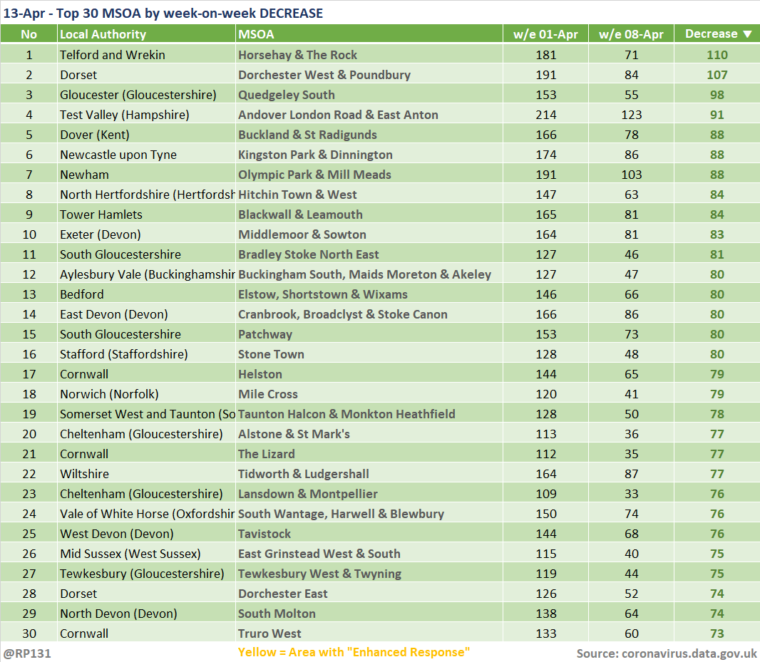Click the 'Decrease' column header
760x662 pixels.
(711, 34)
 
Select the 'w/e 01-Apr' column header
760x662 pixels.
(546, 34)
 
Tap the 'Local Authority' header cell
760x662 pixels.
(103, 34)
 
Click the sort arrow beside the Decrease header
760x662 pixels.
(747, 34)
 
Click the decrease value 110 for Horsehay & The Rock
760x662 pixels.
(717, 55)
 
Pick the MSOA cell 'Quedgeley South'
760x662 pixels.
(286, 95)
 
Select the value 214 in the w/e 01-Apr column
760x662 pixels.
(546, 115)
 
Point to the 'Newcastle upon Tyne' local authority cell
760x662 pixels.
(118, 155)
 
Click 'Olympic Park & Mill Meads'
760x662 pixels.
(314, 175)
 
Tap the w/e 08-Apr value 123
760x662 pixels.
(631, 115)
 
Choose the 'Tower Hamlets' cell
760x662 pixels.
(101, 214)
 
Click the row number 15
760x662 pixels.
(29, 334)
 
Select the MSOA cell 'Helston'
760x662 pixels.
(260, 374)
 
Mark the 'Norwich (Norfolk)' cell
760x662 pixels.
(109, 395)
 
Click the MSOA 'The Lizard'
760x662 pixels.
(266, 454)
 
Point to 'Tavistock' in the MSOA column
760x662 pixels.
(265, 534)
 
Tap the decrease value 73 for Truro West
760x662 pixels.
(717, 633)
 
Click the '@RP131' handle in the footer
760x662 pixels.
(26, 653)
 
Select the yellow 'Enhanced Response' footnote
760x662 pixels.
(354, 652)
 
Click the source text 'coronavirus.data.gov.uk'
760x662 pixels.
(689, 653)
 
